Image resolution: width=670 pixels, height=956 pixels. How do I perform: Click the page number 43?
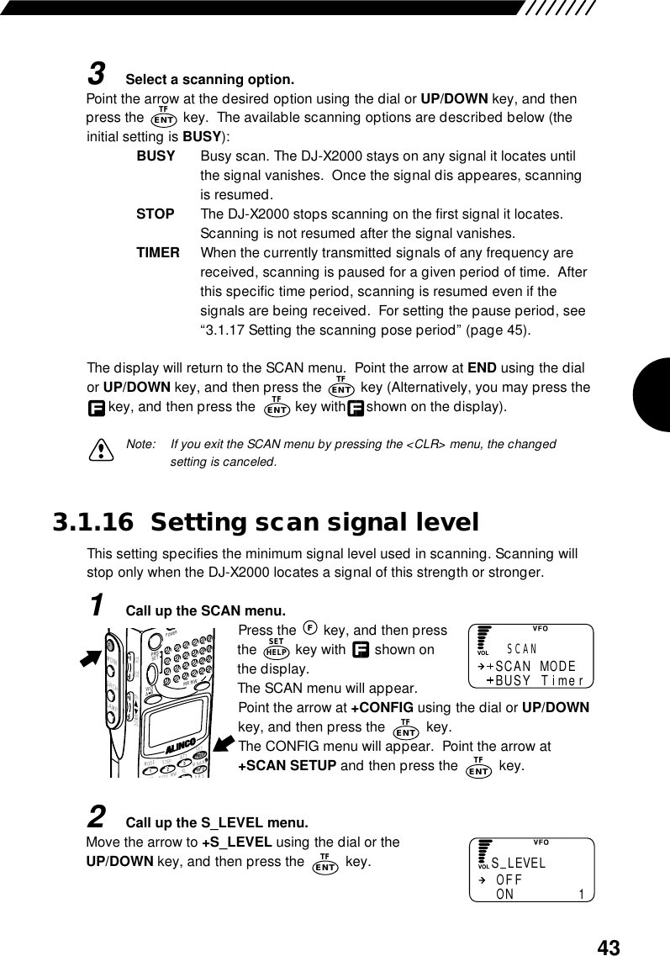click(x=609, y=948)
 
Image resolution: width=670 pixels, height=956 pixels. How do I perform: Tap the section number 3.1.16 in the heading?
click(x=92, y=523)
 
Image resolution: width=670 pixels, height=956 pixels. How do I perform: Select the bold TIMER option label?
click(x=158, y=252)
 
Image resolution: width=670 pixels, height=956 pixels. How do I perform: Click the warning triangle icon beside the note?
click(x=103, y=452)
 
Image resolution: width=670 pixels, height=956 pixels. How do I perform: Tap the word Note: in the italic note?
click(x=140, y=443)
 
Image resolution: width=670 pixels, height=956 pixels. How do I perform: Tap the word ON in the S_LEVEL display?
click(x=505, y=895)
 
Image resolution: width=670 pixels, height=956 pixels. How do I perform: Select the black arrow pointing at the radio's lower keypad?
click(x=225, y=742)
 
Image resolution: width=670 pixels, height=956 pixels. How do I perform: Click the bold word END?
click(x=483, y=367)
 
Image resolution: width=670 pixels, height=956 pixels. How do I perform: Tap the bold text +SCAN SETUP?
click(x=288, y=765)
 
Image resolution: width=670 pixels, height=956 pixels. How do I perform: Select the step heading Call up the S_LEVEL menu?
click(x=216, y=821)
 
